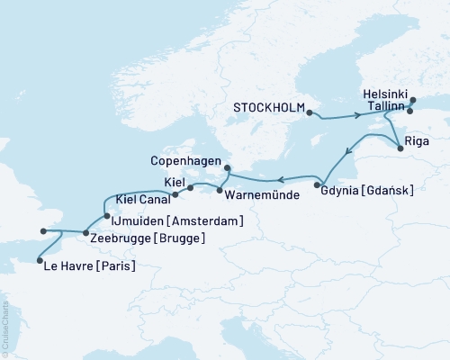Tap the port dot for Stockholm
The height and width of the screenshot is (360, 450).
(x=309, y=113)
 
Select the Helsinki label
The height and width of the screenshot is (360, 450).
(x=386, y=94)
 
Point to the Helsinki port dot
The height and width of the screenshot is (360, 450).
(x=413, y=102)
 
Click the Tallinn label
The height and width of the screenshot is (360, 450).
(x=384, y=107)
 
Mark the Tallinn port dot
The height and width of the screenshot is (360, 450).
(x=409, y=112)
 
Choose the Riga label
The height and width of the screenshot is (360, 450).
(x=418, y=141)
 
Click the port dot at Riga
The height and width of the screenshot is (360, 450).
(x=400, y=148)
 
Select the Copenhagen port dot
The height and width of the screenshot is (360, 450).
(x=227, y=167)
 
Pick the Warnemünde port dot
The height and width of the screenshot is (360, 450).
(x=220, y=190)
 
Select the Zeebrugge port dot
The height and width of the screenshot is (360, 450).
(x=85, y=234)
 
